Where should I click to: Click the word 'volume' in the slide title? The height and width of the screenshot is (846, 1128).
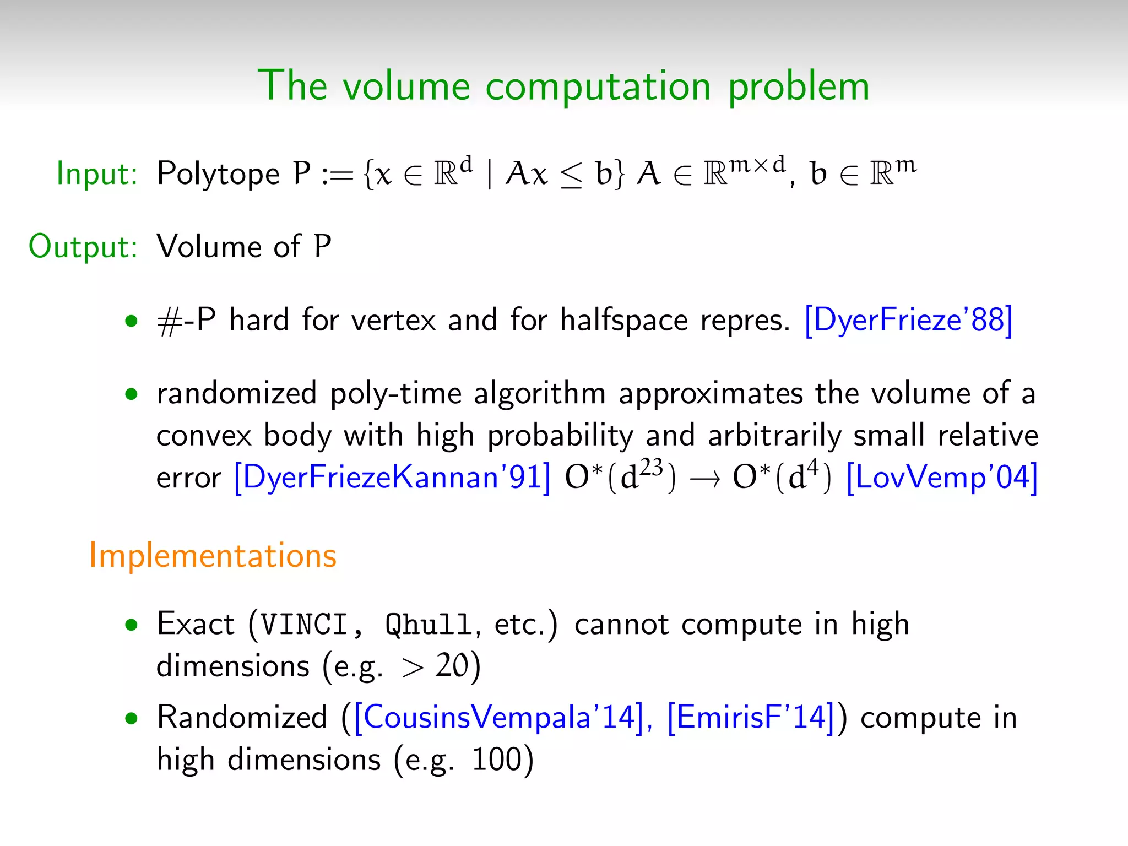(406, 86)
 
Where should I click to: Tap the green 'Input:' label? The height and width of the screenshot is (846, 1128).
(97, 174)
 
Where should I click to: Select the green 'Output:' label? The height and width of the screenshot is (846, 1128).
(83, 247)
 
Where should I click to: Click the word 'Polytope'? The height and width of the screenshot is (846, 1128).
(218, 174)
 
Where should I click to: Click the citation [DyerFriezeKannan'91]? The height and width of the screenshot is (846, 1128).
(392, 477)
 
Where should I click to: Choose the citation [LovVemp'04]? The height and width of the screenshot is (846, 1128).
(942, 477)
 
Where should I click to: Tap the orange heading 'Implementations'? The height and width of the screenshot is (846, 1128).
(213, 555)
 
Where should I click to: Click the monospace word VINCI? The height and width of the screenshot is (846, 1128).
(304, 625)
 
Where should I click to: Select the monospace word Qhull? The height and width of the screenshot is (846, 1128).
(429, 625)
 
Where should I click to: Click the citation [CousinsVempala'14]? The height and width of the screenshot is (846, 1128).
(499, 717)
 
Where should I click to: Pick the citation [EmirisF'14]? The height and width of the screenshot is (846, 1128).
(751, 717)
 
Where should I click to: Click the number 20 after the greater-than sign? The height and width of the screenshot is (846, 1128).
(452, 666)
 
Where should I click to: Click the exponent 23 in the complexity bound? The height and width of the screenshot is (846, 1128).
(652, 467)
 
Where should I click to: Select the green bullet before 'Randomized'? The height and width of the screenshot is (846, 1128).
(131, 718)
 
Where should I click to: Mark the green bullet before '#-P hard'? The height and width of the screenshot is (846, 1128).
(131, 321)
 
